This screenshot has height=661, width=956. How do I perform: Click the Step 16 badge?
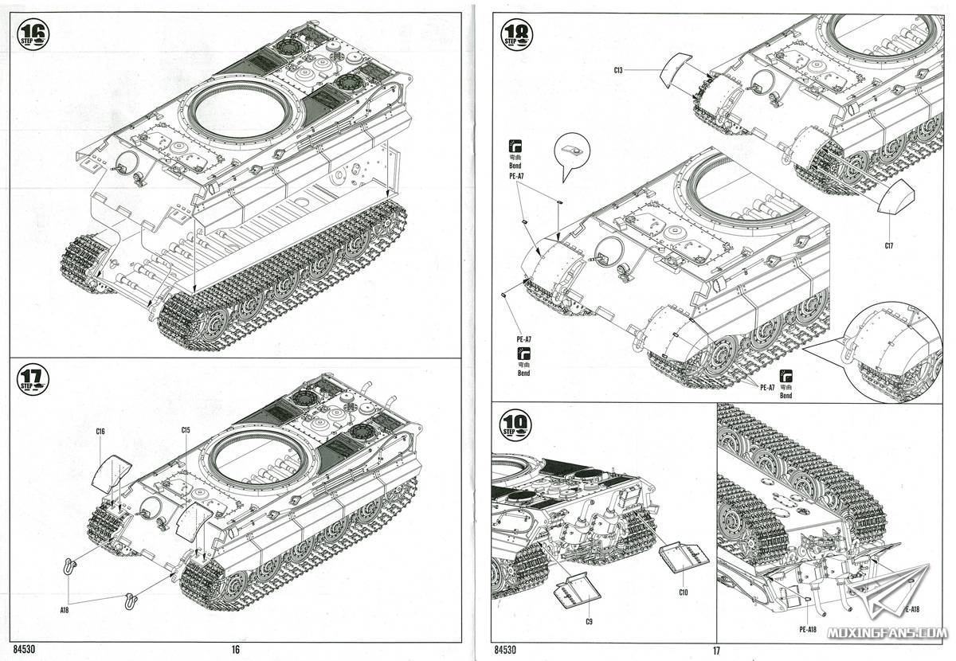click(x=33, y=34)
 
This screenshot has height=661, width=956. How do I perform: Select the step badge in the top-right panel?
click(x=515, y=34)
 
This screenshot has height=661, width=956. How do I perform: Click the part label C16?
click(x=100, y=431)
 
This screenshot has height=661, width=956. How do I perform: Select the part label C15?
click(x=186, y=430)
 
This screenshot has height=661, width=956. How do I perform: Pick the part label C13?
click(x=618, y=71)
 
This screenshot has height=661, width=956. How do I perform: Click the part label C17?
click(x=889, y=245)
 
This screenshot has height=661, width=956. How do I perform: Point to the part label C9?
click(x=589, y=620)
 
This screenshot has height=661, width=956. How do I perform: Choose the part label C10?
click(x=684, y=592)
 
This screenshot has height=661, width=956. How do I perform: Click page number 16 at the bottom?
click(x=235, y=650)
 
